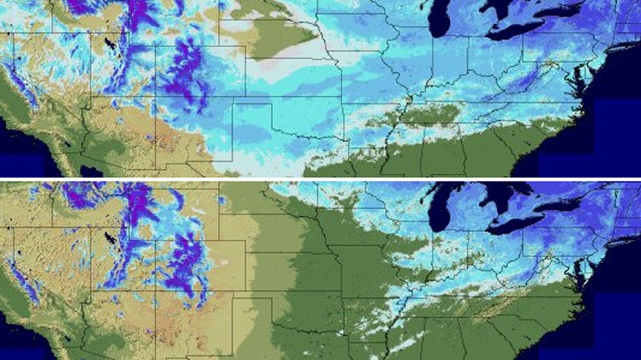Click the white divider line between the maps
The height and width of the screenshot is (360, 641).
(320, 179)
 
